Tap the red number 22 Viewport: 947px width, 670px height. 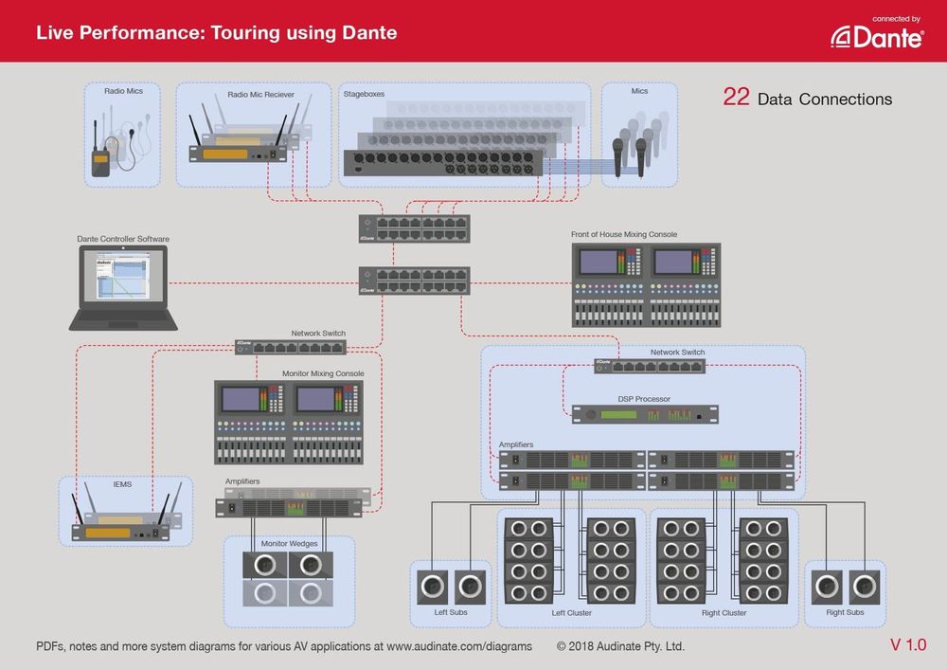[x=737, y=98]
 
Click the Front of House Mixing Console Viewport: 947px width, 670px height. [x=646, y=285]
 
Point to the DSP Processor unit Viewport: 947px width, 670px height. [x=644, y=414]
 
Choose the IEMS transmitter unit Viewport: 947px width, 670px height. [x=120, y=526]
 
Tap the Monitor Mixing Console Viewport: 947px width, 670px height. [x=288, y=422]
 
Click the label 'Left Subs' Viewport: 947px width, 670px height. [x=450, y=612]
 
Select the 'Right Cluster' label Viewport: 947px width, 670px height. [x=724, y=613]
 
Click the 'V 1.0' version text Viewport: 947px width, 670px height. [x=907, y=645]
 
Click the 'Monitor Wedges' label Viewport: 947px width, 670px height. [x=289, y=544]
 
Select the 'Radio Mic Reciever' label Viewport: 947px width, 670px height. [x=260, y=95]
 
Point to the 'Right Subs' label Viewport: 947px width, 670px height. [x=845, y=612]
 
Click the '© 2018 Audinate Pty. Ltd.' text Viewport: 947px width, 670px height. [x=620, y=646]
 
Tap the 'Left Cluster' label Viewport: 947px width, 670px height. [x=571, y=613]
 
